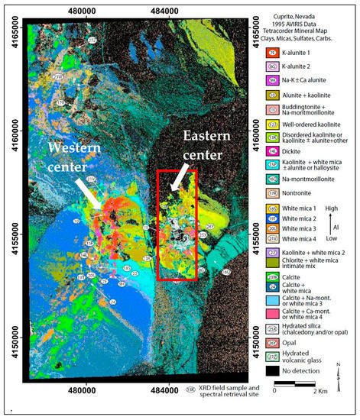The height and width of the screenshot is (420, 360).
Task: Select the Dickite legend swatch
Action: (x=271, y=151)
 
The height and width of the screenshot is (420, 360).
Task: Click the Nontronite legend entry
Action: (x=271, y=194)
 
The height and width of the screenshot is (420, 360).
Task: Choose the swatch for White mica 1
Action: (x=271, y=208)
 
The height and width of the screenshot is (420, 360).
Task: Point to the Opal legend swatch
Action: (x=271, y=343)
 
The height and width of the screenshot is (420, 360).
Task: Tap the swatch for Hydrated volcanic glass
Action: (x=271, y=357)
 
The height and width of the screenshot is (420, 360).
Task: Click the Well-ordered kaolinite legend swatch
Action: (x=271, y=124)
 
